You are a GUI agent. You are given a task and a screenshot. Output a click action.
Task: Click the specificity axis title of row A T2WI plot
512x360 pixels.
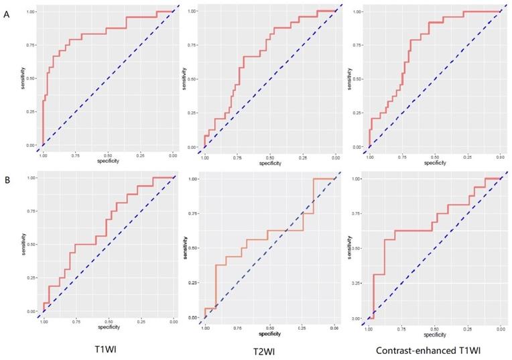point(270,161)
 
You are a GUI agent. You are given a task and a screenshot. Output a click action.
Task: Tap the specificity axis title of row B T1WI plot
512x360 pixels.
point(108,327)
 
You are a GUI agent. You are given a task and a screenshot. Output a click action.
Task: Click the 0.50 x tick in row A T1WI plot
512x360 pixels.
point(108,155)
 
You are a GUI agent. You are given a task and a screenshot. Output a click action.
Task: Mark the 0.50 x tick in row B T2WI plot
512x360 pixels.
point(269,328)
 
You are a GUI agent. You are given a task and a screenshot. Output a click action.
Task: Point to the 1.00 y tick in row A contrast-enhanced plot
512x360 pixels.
point(357,11)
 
